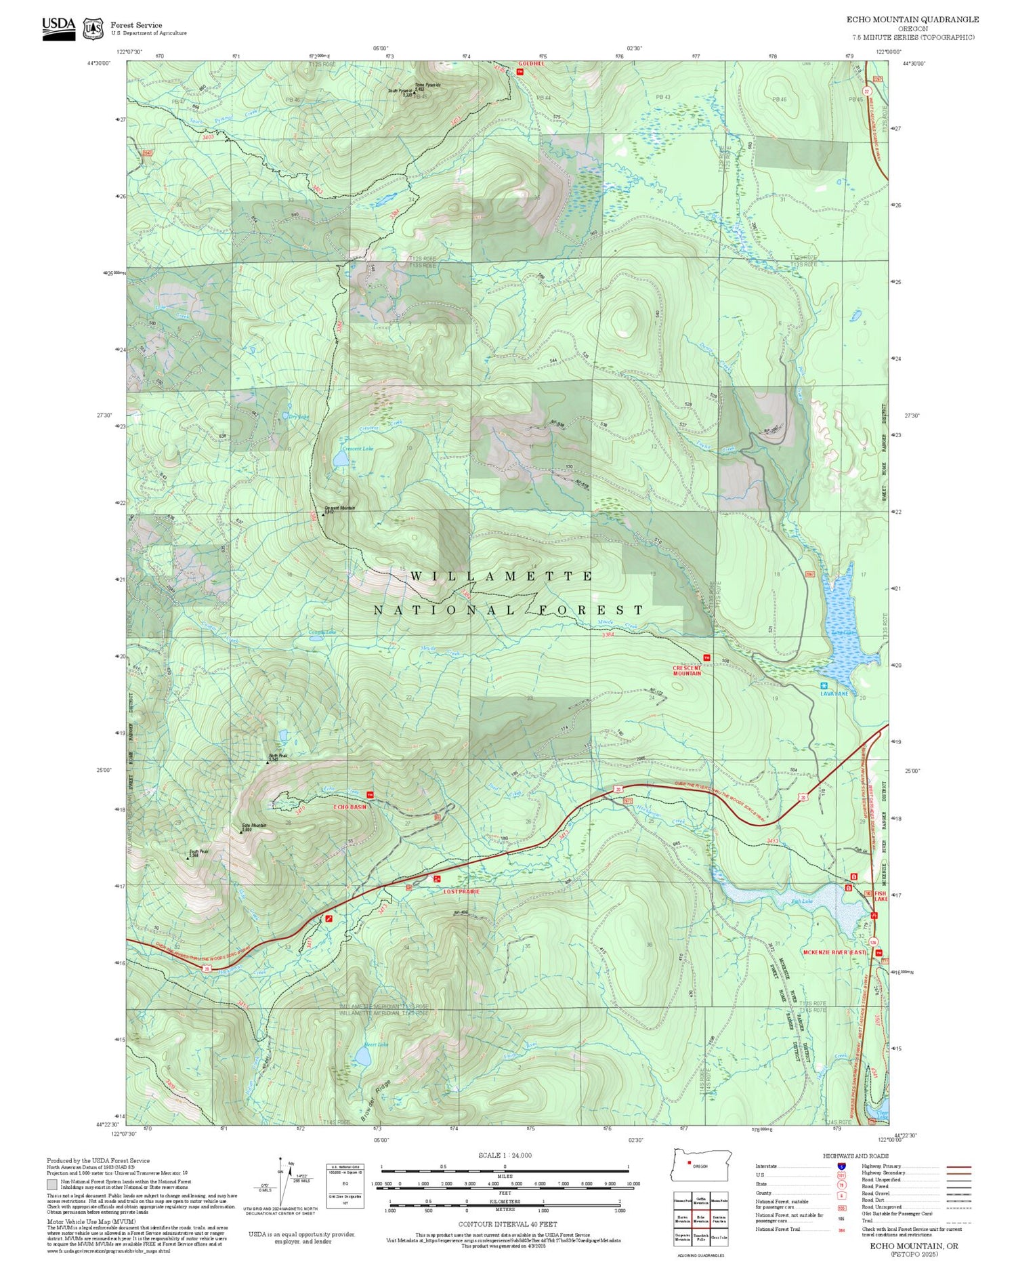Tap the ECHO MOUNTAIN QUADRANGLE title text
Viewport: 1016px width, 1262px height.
pos(912,20)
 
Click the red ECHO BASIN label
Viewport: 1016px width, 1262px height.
pos(350,807)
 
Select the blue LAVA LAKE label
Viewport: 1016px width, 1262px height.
pos(834,693)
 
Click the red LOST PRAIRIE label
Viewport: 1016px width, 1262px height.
pos(461,891)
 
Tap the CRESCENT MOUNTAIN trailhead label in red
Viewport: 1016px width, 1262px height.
pos(686,670)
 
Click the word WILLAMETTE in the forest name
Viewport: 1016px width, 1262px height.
pos(501,576)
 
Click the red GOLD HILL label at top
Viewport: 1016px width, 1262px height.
pos(531,64)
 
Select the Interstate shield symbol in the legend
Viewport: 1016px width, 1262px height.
pos(841,1166)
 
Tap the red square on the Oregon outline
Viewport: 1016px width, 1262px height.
pos(689,1164)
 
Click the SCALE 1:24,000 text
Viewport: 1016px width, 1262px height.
pos(505,1155)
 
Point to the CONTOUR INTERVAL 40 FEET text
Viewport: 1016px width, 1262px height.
pos(507,1224)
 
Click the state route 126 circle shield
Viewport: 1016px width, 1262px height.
pos(874,943)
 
